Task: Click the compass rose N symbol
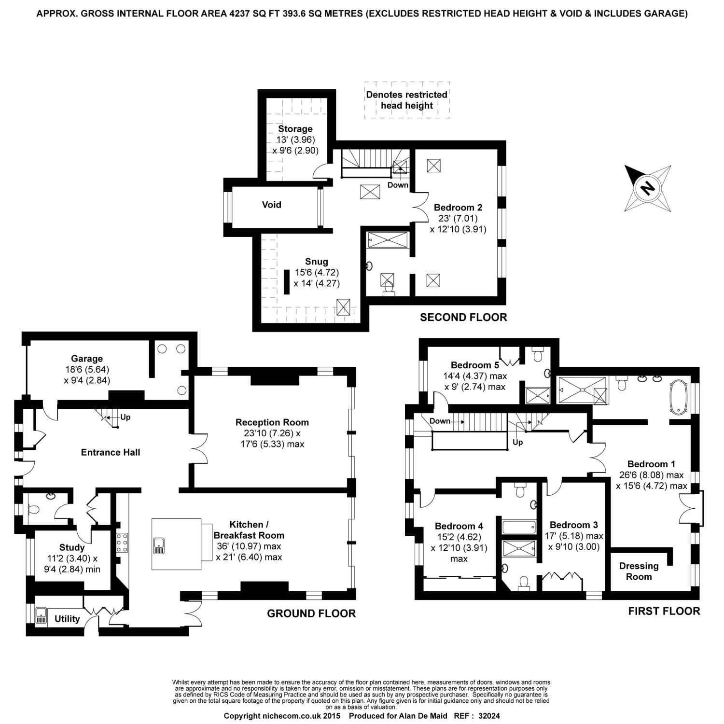click(647, 188)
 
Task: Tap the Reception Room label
click(272, 422)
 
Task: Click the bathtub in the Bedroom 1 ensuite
click(679, 397)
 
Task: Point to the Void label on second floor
click(271, 205)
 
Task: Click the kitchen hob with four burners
click(122, 543)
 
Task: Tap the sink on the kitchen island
click(159, 546)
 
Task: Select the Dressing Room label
click(639, 571)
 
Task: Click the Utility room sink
click(41, 616)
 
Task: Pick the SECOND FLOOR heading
click(463, 317)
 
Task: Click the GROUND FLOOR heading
click(311, 613)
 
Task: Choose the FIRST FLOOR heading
click(664, 612)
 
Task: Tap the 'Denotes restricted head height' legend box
click(406, 100)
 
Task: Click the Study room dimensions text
click(72, 564)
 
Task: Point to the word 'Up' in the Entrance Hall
click(125, 417)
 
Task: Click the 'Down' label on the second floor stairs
click(398, 185)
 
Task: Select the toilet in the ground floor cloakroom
click(33, 509)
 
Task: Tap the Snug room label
click(316, 262)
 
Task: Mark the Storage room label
click(295, 129)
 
